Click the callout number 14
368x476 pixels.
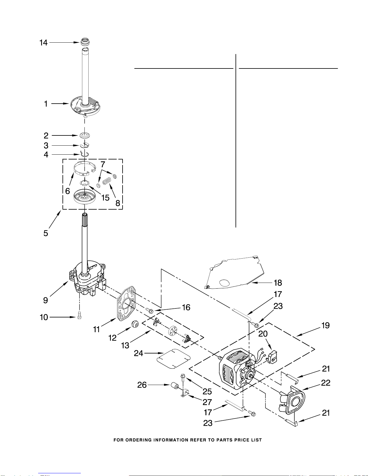[x=43, y=43]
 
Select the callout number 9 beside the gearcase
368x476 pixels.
[x=45, y=300]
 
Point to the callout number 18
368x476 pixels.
[x=278, y=283]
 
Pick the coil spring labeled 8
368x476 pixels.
[x=107, y=181]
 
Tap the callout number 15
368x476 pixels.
[x=105, y=198]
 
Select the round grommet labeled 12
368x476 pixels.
[x=135, y=324]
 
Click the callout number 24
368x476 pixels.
[x=138, y=353]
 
